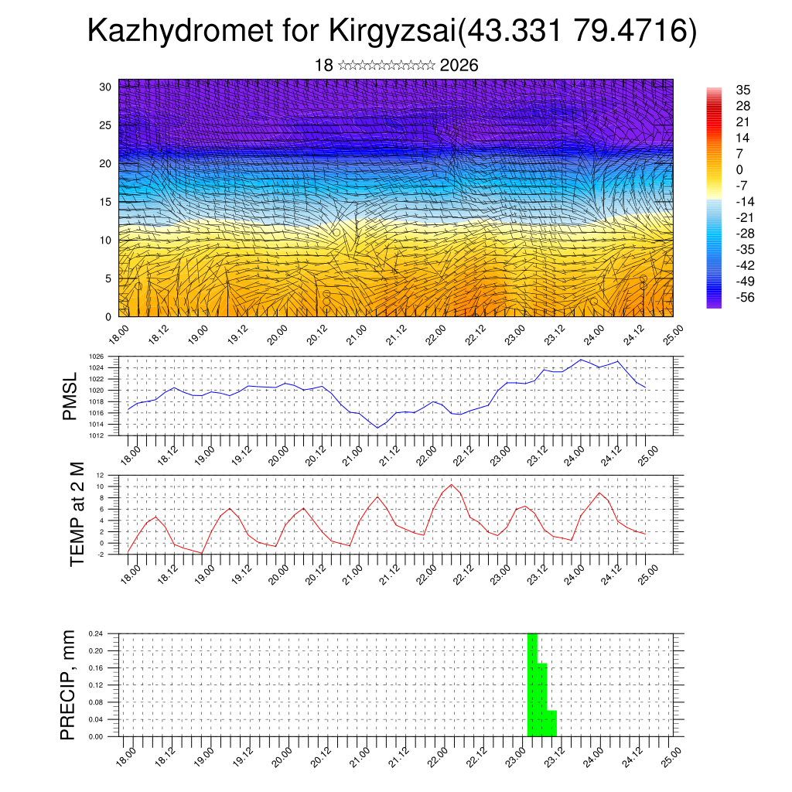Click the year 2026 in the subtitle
[459, 66]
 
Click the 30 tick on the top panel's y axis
[105, 87]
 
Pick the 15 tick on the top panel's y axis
[105, 202]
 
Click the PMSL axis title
[70, 396]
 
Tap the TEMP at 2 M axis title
[77, 514]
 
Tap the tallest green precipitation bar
[532, 684]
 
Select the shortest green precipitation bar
[551, 724]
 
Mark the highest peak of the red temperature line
[451, 485]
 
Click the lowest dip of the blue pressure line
[377, 427]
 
